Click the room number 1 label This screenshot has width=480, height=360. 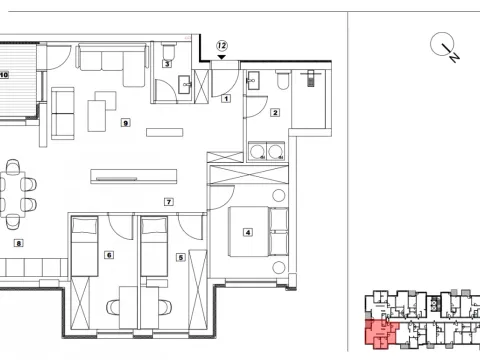coord(226,98)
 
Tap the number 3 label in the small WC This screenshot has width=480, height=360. coord(167,63)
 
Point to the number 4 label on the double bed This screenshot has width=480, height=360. coord(247,232)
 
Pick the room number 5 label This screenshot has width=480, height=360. coord(181,257)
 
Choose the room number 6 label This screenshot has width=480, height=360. coord(108,255)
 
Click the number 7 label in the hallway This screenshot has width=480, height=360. coord(169,202)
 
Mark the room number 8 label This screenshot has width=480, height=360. coord(17,243)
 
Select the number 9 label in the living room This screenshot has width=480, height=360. coord(124,123)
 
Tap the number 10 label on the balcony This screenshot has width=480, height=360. coord(5,74)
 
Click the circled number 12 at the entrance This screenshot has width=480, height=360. coord(222,45)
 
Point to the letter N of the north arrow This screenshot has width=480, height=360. coord(454,59)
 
